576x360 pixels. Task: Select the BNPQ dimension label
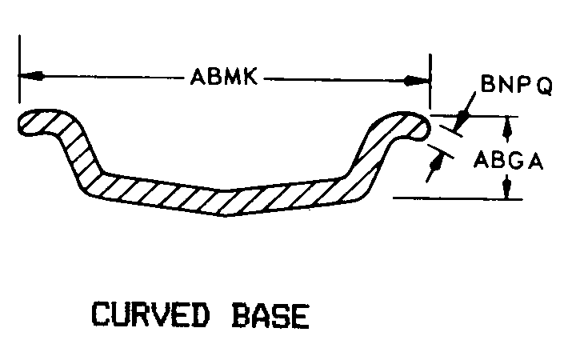(x=516, y=86)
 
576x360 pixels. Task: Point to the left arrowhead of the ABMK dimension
(x=30, y=77)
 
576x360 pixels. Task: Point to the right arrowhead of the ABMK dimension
(x=418, y=80)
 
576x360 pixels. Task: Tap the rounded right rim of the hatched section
(x=412, y=123)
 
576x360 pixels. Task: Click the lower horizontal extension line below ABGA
(x=456, y=197)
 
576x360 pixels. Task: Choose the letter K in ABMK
(x=250, y=78)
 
